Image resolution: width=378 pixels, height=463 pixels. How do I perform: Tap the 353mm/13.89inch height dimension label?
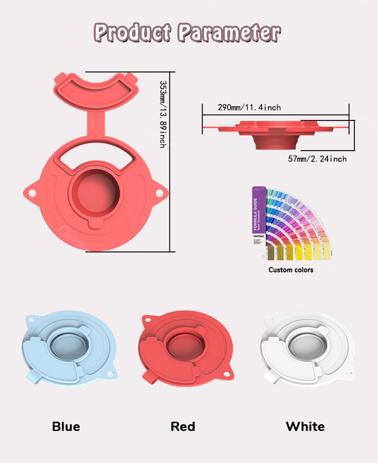[162, 114]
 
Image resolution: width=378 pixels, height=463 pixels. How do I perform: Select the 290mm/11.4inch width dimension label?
[249, 107]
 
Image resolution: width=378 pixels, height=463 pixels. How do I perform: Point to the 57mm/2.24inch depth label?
[317, 159]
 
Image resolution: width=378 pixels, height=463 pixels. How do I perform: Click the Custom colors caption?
[291, 270]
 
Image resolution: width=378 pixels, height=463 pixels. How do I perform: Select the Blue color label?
[66, 427]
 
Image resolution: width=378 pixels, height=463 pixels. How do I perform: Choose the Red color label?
[182, 427]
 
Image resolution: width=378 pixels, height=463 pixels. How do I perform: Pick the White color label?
[305, 427]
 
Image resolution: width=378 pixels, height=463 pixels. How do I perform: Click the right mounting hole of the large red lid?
[159, 192]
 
